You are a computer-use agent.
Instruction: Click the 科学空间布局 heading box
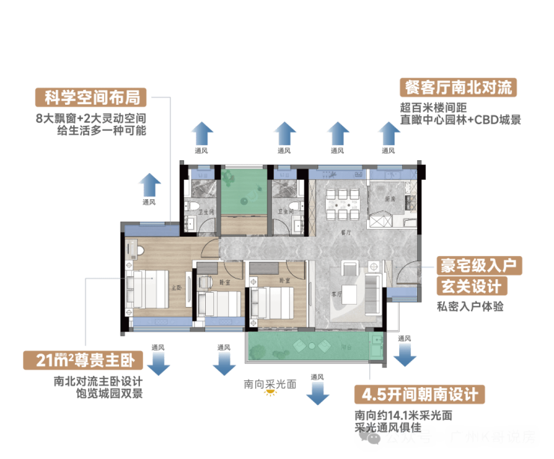coord(91,97)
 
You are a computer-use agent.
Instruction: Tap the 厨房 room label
coord(389,200)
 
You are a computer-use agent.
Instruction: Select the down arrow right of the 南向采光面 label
coord(318,392)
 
